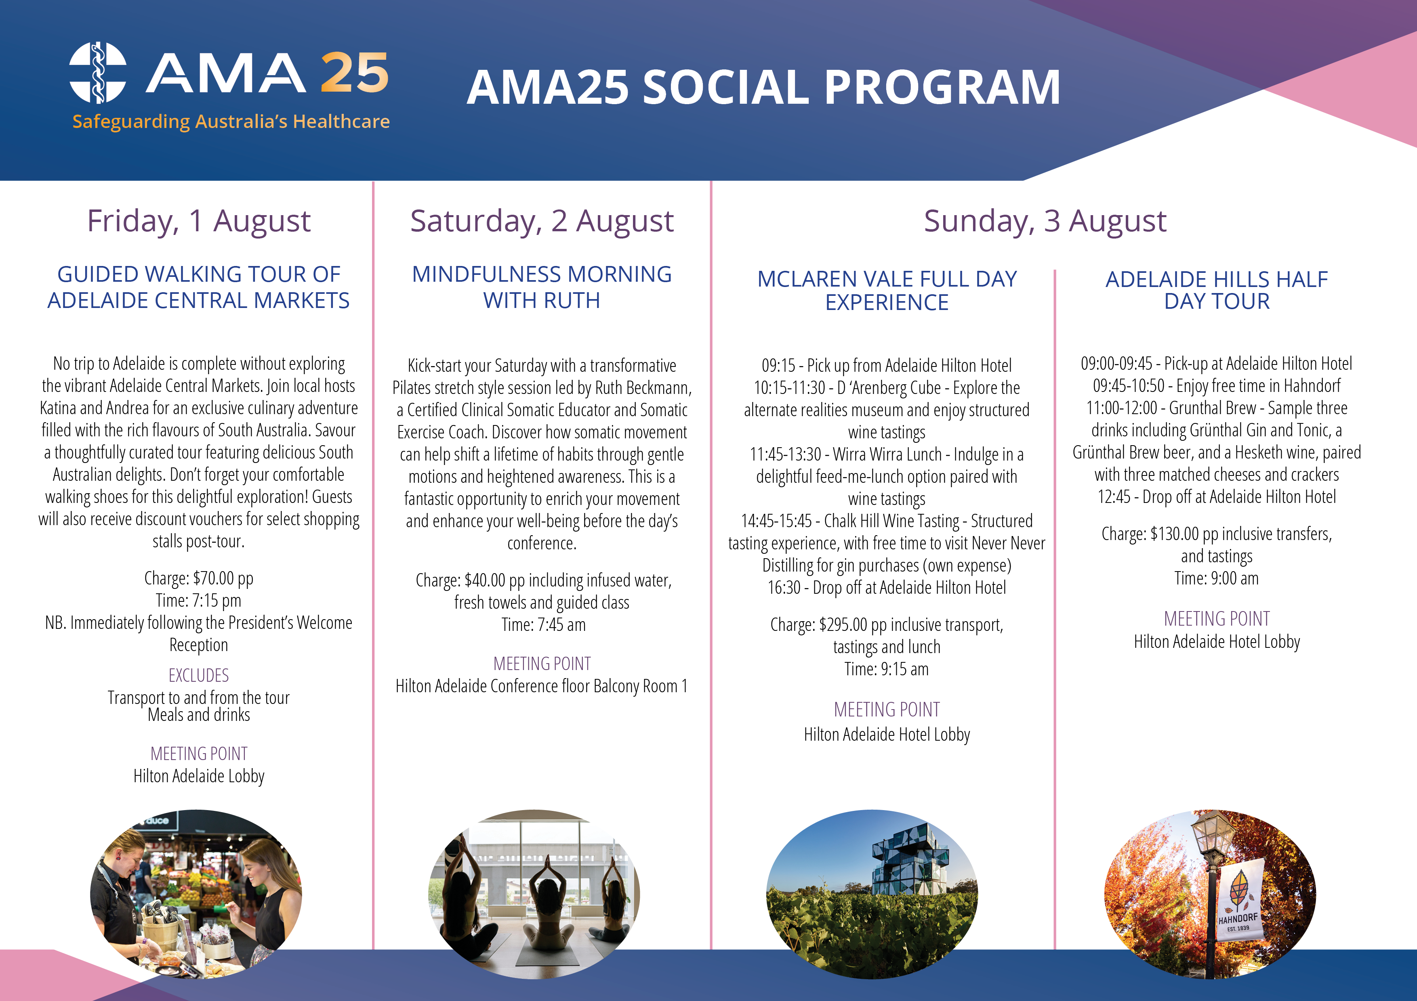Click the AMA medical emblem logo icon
pos(97,72)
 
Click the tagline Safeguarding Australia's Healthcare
pos(231,121)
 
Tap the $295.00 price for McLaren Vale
pos(843,625)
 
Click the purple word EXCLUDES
pos(199,675)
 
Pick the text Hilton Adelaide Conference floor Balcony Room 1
pos(542,686)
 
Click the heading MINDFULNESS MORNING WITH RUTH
pos(542,287)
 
